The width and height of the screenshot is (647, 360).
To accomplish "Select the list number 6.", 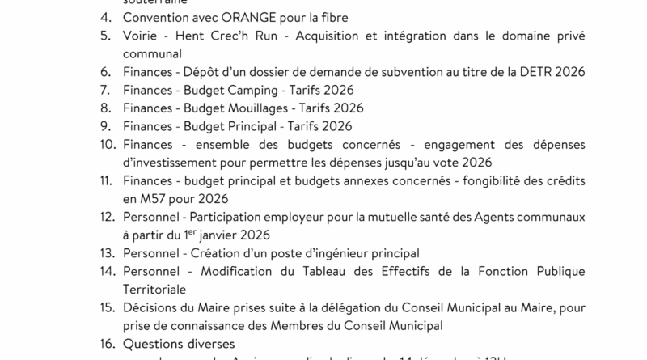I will [104, 73].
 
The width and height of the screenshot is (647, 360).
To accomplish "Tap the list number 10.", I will [107, 144].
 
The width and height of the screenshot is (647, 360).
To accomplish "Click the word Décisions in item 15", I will [150, 307].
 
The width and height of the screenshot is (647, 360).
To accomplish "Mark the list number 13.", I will [107, 253].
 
